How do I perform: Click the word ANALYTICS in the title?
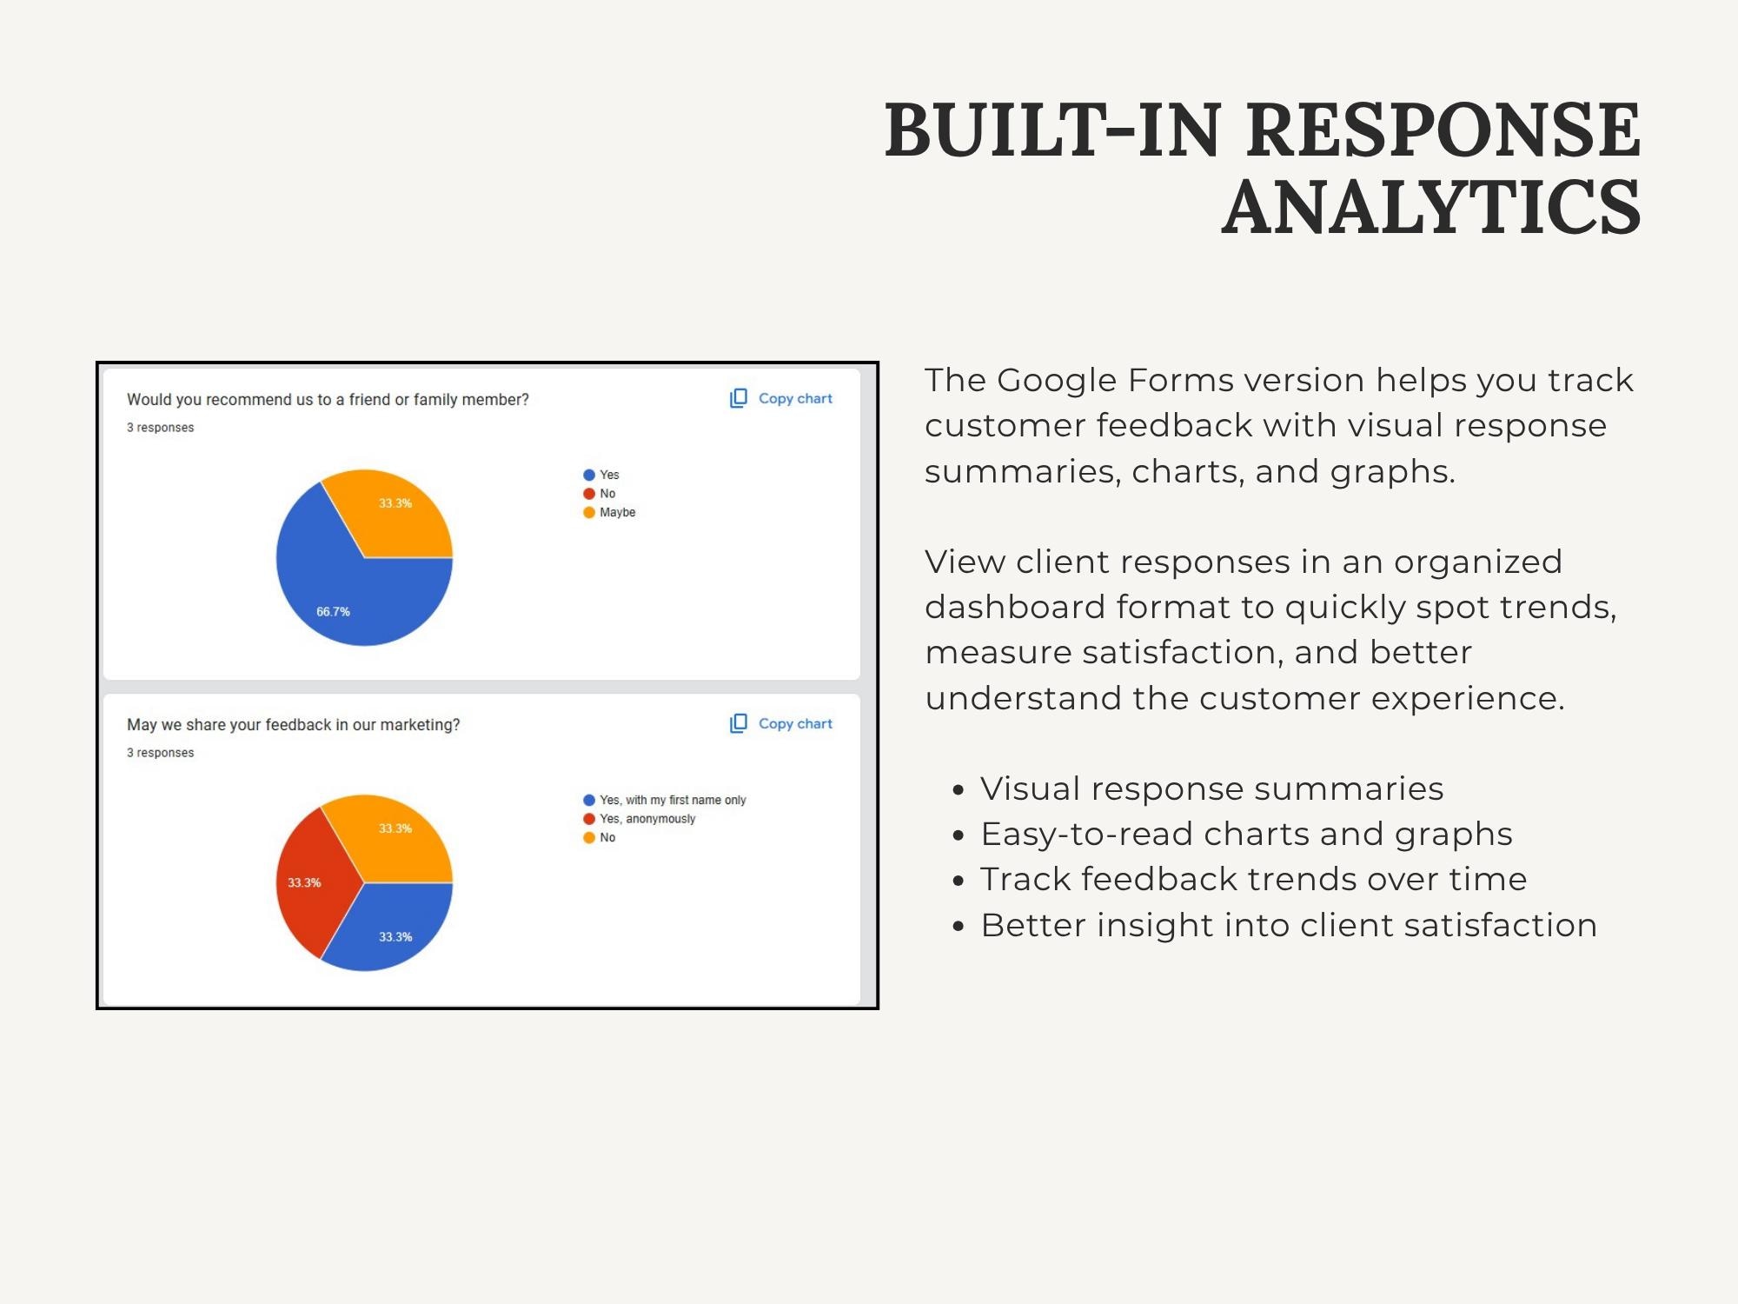click(1431, 207)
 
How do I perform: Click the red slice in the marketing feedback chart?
click(308, 882)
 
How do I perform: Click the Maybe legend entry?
click(609, 512)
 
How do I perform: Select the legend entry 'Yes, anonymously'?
click(640, 819)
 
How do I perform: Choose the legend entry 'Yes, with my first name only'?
click(665, 800)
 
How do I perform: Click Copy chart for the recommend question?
click(781, 398)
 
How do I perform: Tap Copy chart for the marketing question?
click(781, 723)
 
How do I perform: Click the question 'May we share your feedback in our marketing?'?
click(293, 725)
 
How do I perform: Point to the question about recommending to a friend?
click(328, 400)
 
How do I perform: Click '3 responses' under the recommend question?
click(160, 428)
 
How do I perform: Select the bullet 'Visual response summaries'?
click(1211, 788)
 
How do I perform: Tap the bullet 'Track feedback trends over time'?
click(1253, 879)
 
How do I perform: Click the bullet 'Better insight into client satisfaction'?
click(1289, 925)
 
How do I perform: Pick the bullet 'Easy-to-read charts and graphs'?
click(1246, 835)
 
